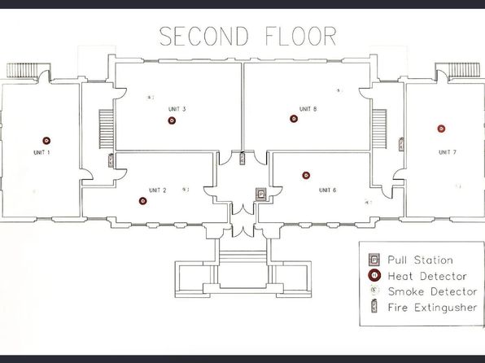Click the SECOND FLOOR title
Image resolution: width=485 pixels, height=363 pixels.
coord(247,36)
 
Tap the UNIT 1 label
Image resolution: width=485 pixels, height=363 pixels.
coord(42,152)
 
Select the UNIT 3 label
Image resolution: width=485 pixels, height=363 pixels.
coord(177,109)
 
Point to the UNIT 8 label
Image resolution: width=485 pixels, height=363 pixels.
coord(308,109)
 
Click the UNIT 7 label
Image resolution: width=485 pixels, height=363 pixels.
coord(448,152)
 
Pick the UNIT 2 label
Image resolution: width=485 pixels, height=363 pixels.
coord(157,190)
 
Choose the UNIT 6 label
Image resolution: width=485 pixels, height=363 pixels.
coord(328,190)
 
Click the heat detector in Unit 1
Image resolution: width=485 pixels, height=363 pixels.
coord(46,141)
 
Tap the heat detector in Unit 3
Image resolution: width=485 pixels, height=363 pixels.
coord(172,120)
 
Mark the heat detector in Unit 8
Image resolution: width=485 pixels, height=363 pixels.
coord(294,119)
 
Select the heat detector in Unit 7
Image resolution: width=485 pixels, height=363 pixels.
coord(441,129)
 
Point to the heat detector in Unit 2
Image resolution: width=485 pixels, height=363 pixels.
coord(142,201)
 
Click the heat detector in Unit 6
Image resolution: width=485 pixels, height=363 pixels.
coord(306,176)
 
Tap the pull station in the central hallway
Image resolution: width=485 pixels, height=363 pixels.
coord(261,195)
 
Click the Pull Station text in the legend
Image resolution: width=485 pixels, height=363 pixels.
coord(421,260)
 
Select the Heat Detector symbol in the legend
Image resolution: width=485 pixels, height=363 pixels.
coord(374,275)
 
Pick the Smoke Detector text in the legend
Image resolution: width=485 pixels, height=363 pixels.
coord(432,291)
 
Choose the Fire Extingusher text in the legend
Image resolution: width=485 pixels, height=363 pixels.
coord(432,308)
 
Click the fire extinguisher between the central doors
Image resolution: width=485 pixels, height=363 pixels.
coord(242,158)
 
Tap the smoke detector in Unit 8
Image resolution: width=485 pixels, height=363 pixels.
coord(339,90)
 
